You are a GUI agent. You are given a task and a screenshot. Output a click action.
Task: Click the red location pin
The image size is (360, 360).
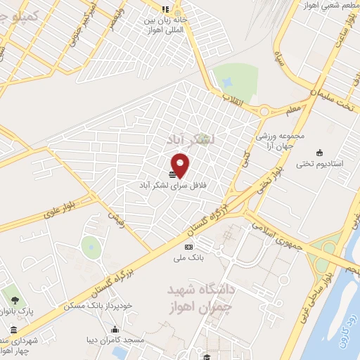[x=181, y=165]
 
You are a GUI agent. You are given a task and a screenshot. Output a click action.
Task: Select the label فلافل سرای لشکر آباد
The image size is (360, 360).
[x=171, y=184]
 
